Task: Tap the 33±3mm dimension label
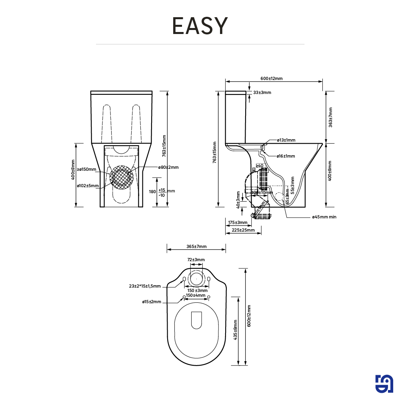tap(262, 92)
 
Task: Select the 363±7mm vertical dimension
tap(330, 117)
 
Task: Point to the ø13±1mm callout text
tap(286, 140)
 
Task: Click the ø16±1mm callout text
tap(286, 156)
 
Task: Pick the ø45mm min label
tap(324, 217)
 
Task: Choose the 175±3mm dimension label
tap(238, 222)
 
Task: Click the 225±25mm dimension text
tap(243, 230)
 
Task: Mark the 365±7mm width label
tap(196, 246)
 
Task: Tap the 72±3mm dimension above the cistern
tap(196, 260)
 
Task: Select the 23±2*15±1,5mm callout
tap(145, 286)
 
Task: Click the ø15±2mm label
tap(152, 302)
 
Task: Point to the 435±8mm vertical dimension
tap(236, 331)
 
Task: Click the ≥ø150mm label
tap(87, 170)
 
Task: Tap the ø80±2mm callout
tap(168, 167)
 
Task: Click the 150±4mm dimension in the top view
tap(196, 296)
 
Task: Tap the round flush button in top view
tap(196, 278)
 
